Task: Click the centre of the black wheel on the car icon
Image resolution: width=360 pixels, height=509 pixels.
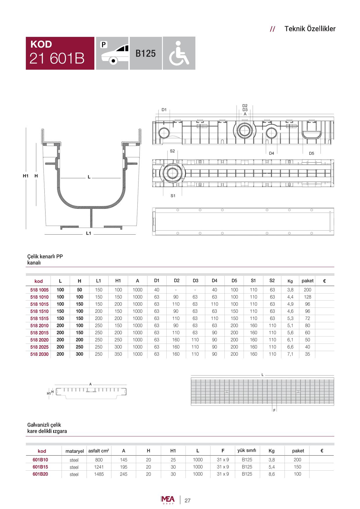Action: pos(114,60)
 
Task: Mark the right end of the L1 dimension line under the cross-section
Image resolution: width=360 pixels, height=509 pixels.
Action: pos(136,234)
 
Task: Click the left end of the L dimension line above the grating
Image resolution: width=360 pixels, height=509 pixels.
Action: pos(191,375)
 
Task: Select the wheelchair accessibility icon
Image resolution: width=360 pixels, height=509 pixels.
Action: pos(179,53)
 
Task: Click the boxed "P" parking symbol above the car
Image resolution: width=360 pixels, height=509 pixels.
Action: pos(104,44)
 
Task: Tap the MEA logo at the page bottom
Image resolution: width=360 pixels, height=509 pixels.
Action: pos(168,500)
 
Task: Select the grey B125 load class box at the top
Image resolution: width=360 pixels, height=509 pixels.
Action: pos(146,53)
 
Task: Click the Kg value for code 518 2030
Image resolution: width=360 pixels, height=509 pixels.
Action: pos(290,354)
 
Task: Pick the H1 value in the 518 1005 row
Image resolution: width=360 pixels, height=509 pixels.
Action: pos(118,290)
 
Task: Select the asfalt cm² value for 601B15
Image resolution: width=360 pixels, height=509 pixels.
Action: pos(99,467)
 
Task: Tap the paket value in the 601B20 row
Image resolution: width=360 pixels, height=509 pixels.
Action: pos(298,474)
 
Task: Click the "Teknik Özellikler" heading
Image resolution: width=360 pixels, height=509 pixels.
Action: pos(310,29)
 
